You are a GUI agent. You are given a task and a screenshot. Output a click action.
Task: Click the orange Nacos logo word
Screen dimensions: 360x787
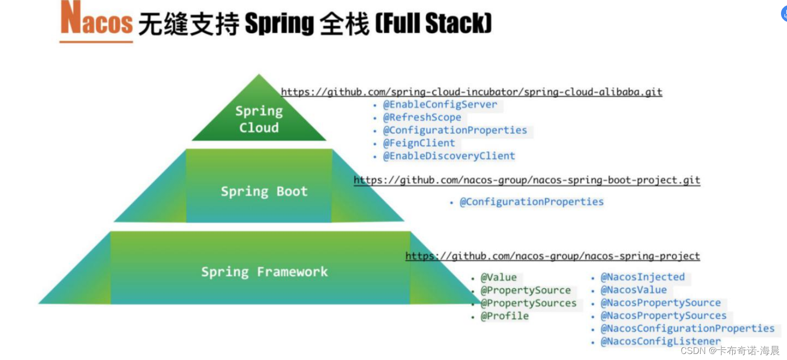click(x=96, y=22)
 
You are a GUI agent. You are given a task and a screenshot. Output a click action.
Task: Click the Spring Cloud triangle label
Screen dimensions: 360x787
click(x=259, y=119)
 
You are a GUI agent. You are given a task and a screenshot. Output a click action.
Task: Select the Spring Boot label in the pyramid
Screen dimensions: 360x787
click(x=264, y=191)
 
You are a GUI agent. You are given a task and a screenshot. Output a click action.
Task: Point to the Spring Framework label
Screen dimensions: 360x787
click(x=264, y=272)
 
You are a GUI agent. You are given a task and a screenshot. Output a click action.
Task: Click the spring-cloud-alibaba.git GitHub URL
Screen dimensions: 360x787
click(x=471, y=92)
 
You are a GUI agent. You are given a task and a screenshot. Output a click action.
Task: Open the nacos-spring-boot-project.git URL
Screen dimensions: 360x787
click(x=527, y=180)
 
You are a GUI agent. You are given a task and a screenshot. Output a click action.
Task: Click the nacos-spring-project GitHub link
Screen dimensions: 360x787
click(x=552, y=257)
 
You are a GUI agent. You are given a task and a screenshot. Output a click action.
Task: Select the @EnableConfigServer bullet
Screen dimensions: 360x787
click(x=440, y=105)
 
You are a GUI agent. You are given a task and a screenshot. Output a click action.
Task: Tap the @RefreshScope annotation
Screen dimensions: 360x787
click(x=422, y=117)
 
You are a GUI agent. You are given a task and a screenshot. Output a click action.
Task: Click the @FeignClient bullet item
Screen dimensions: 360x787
click(x=419, y=143)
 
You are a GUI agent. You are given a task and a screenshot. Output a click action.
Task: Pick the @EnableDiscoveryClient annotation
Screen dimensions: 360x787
click(x=449, y=156)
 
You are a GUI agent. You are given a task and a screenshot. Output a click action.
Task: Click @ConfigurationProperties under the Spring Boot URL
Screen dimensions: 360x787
click(x=532, y=202)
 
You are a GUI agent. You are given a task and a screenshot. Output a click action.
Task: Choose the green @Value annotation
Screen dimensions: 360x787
click(x=498, y=278)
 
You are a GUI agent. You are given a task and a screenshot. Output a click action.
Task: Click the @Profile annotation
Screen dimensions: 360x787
click(x=504, y=316)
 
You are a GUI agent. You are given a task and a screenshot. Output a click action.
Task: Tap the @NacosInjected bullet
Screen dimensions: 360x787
click(x=642, y=277)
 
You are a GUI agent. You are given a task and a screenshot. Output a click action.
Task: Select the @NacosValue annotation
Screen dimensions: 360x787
click(x=633, y=290)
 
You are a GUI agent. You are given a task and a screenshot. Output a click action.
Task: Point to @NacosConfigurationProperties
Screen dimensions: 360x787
click(x=687, y=329)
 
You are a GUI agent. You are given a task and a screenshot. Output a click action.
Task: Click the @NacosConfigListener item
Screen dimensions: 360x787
click(x=661, y=341)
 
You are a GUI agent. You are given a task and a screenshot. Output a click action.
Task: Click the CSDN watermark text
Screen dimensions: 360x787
click(x=730, y=350)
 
